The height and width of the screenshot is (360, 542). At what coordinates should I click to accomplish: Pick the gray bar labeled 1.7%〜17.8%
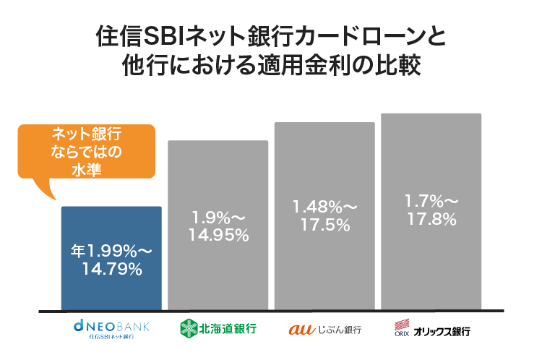pos(431,267)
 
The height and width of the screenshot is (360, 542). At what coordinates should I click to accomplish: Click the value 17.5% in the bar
pos(324,225)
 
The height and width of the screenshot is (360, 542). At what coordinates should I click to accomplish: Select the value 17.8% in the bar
pos(431,219)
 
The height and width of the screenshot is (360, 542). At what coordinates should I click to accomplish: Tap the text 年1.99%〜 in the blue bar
pos(111,252)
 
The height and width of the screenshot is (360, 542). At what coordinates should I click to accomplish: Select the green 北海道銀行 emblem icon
pos(188,329)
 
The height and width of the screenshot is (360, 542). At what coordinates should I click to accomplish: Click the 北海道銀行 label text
pos(228,330)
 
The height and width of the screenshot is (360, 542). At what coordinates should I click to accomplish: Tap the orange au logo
pos(299,330)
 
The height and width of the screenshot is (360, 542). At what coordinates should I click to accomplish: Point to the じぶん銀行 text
pos(337,330)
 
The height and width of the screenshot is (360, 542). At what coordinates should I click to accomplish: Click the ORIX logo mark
pos(402,328)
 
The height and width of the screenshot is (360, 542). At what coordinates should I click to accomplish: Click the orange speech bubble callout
pos(87,152)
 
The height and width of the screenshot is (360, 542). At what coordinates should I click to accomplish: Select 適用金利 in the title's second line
pos(293,66)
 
